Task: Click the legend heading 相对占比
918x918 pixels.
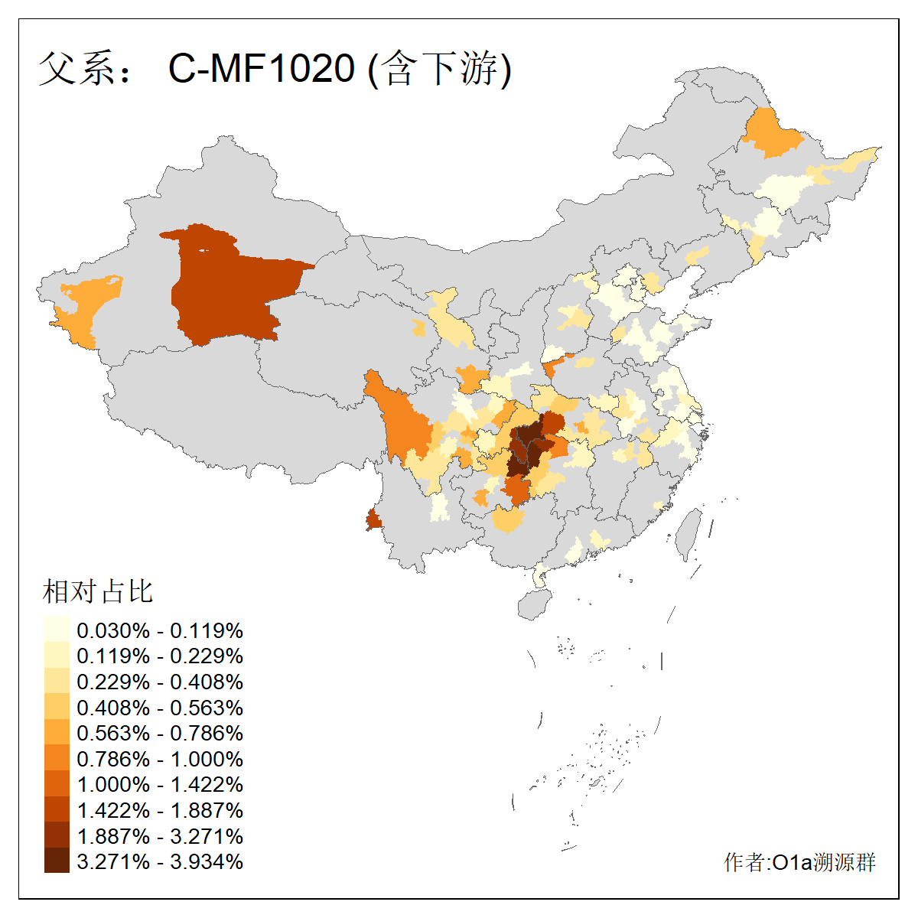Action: [98, 591]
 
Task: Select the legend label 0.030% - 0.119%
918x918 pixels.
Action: [160, 630]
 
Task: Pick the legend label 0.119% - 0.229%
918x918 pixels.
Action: [160, 656]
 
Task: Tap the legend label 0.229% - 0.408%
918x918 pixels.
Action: [160, 682]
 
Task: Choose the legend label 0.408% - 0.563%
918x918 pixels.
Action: [160, 708]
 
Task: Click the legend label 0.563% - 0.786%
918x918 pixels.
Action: [160, 733]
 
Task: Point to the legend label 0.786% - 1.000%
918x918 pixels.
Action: [160, 759]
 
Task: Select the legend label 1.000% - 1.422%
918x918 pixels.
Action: [160, 784]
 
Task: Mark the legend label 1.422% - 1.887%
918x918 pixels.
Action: [160, 810]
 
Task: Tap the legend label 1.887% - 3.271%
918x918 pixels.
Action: [160, 836]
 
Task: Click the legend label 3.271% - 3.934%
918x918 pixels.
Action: [160, 861]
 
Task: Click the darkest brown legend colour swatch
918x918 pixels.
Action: [57, 861]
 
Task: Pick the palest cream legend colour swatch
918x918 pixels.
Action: [57, 630]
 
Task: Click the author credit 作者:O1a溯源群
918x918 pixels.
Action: [799, 862]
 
